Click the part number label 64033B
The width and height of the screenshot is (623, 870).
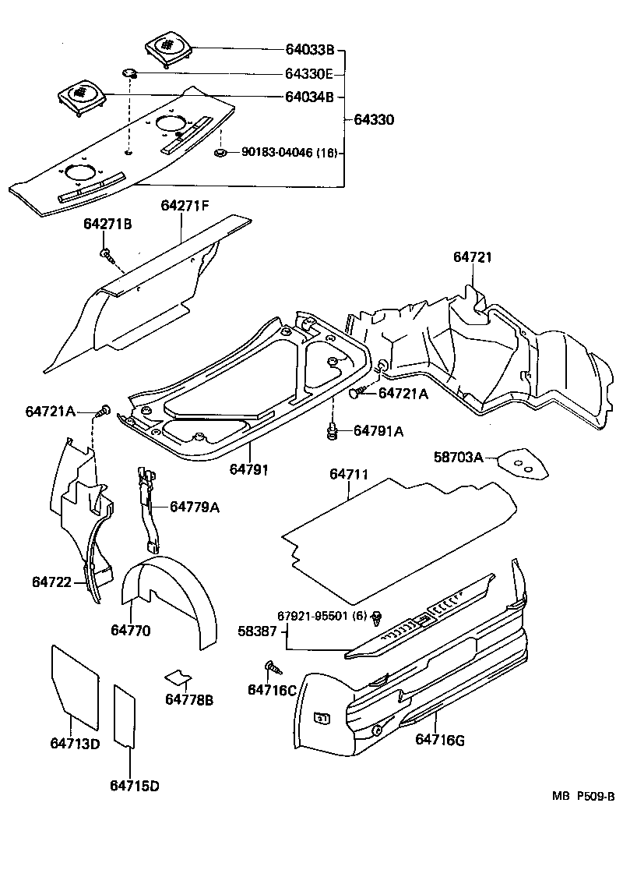[308, 51]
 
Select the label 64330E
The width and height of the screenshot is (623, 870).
[308, 75]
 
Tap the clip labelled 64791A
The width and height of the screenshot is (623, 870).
[332, 430]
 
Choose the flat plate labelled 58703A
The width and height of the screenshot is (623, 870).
[523, 465]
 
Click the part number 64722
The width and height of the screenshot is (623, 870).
[51, 582]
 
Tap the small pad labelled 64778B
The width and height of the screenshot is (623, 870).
[179, 674]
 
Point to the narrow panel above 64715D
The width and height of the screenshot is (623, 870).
[125, 714]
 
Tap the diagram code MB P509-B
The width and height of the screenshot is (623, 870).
[584, 796]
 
